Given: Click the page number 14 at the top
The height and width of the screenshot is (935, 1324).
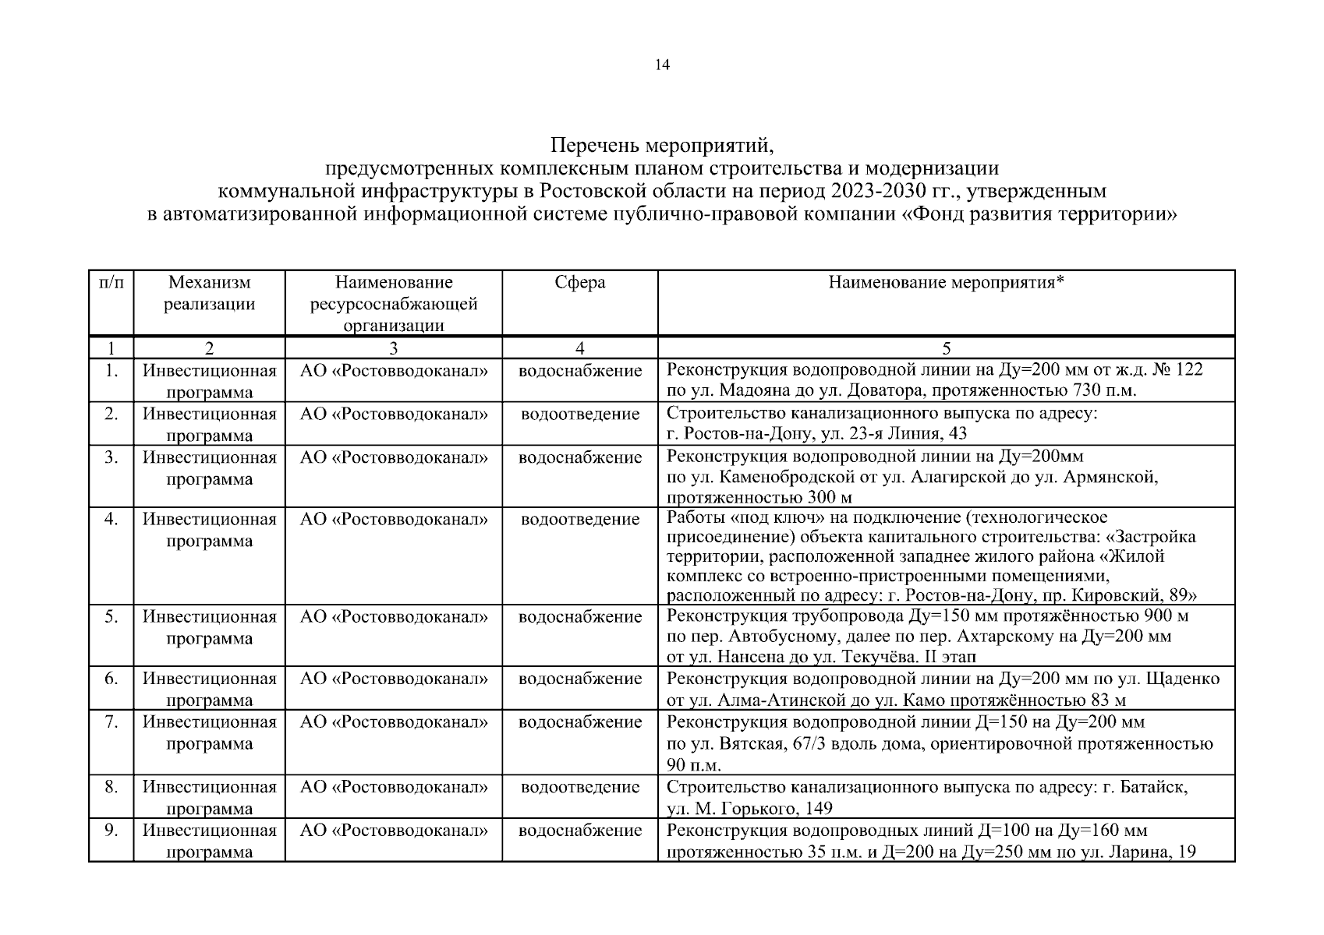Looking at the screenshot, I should point(662,65).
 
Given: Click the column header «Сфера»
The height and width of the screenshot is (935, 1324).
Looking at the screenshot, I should point(579,283).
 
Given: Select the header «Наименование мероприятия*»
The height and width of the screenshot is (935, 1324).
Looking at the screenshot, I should point(946,283).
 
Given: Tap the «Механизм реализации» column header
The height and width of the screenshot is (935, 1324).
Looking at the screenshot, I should point(209,293).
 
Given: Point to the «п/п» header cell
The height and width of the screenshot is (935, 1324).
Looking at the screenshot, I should point(112,283).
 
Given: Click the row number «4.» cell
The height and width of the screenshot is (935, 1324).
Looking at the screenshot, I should point(112,520).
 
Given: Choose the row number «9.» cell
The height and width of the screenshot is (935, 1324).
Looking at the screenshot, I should point(112,831).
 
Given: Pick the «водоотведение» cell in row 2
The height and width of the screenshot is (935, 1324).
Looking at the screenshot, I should point(579,415).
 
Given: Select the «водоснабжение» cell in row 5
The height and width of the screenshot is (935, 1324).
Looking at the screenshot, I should point(579,617).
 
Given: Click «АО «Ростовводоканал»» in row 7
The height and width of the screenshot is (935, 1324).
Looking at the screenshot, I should point(394,722).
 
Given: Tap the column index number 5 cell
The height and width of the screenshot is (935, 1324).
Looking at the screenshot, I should point(946,348).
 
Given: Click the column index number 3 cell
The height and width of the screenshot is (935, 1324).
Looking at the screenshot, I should point(394,348).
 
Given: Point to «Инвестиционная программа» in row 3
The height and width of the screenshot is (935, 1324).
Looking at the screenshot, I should point(209,468).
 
